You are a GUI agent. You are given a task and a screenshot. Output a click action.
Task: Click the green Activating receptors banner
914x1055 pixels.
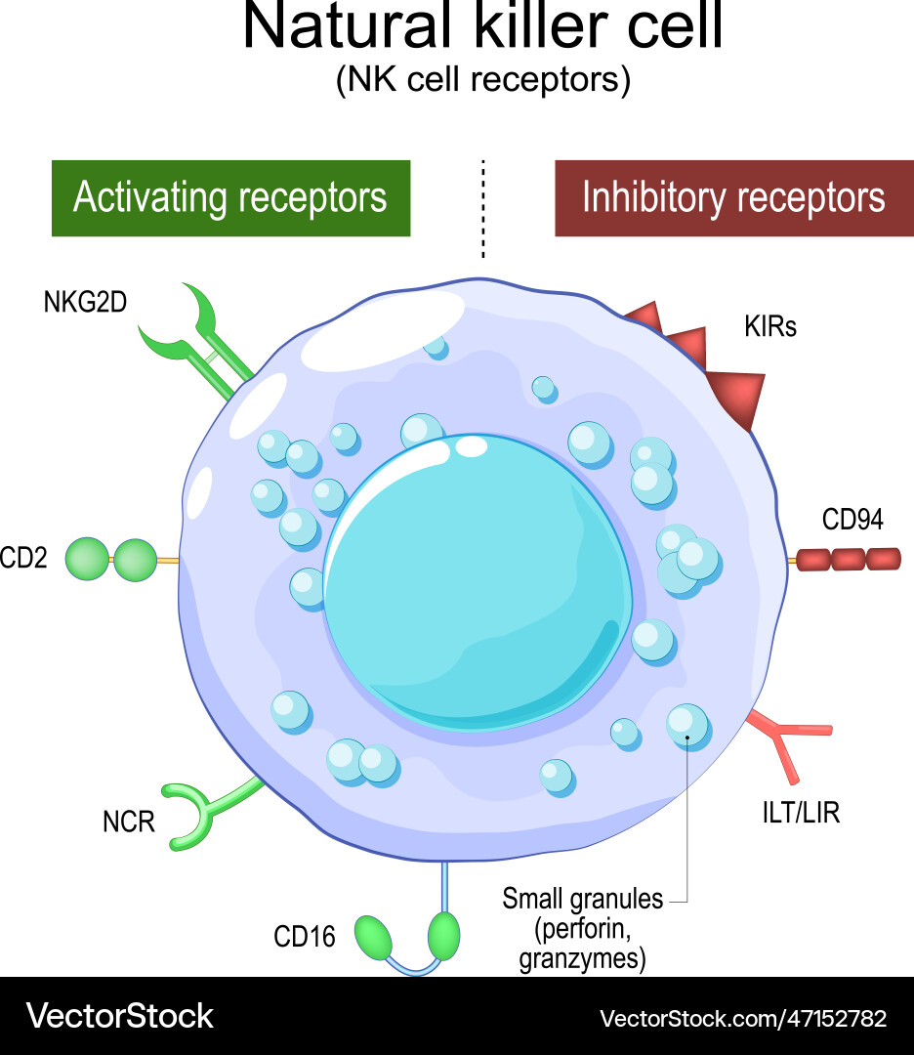(x=230, y=198)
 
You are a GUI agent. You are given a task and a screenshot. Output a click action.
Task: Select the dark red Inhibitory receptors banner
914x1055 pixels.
(x=733, y=198)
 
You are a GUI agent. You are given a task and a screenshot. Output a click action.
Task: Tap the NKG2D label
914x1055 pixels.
(x=85, y=303)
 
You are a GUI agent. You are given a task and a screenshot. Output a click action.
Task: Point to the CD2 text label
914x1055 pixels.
(x=23, y=560)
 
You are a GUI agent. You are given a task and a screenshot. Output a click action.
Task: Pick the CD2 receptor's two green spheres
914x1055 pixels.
(x=110, y=561)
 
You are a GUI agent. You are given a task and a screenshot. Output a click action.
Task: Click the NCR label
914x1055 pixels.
(x=129, y=822)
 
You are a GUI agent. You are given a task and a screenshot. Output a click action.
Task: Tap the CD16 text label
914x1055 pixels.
(x=304, y=938)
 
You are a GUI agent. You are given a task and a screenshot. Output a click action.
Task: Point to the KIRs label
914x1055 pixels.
(x=769, y=326)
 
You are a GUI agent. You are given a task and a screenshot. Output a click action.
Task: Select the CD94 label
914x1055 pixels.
(x=852, y=520)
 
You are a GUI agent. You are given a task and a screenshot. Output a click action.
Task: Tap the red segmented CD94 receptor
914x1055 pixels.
(x=848, y=560)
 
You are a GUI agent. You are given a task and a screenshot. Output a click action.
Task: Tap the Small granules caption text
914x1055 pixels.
(x=582, y=928)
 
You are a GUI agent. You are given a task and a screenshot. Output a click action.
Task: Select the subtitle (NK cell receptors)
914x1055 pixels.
(x=482, y=80)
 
